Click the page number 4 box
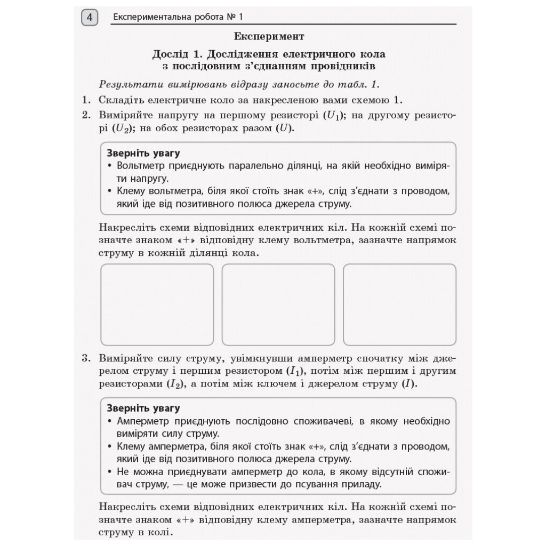[x=90, y=18]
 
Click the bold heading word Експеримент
[x=269, y=36]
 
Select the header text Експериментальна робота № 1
[x=178, y=18]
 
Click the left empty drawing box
[x=157, y=304]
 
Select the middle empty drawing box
[x=278, y=304]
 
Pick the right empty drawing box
[x=399, y=304]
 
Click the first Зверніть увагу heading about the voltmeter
[x=143, y=153]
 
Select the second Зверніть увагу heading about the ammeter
[x=143, y=408]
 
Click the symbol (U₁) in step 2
[x=335, y=115]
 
